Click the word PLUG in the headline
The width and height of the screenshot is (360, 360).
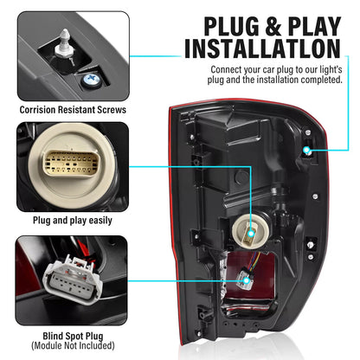point(232,27)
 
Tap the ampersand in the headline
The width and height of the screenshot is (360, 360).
point(273,27)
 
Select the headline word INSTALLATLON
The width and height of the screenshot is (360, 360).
point(263,48)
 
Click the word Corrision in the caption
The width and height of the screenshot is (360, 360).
point(37,110)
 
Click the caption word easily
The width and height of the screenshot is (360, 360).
point(100,221)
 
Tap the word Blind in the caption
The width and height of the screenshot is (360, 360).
point(53,336)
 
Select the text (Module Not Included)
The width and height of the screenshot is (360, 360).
point(73,345)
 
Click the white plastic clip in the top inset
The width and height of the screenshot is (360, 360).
point(65,46)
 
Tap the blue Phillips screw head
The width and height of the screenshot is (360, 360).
point(91,79)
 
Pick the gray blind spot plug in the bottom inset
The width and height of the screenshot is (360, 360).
point(74,280)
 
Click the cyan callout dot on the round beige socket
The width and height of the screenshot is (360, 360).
point(251,234)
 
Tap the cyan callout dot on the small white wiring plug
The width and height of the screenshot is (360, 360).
point(247,280)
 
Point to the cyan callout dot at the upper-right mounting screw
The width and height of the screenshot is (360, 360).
point(306,150)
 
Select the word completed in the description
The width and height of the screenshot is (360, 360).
point(322,80)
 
